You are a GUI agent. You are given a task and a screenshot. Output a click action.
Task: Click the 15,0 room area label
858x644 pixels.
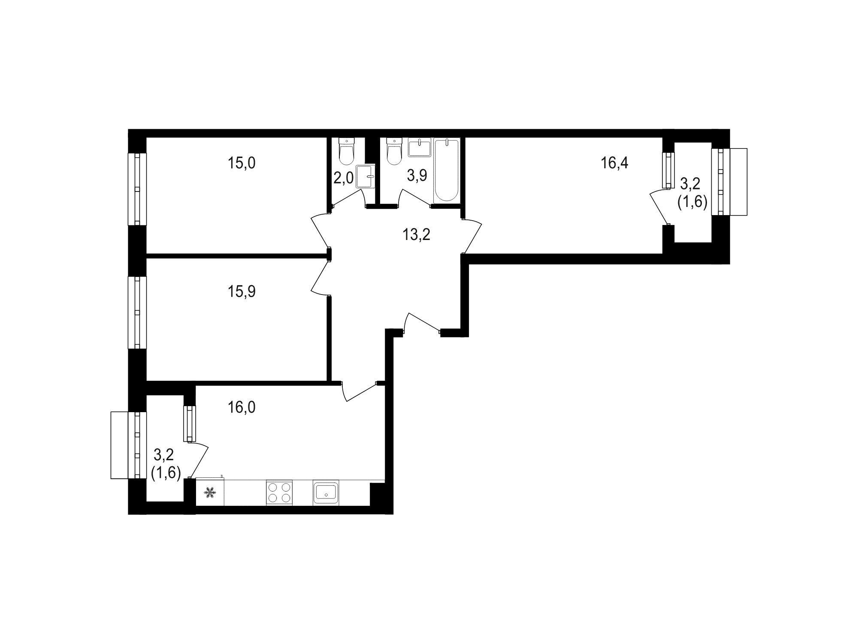point(242,163)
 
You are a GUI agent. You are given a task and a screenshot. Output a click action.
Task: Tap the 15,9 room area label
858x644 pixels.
point(242,292)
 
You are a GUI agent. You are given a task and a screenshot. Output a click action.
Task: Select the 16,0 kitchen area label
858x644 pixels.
point(242,407)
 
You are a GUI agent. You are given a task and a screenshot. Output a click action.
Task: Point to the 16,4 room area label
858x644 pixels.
point(615,163)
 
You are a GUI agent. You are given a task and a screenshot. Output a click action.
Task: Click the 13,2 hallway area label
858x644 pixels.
point(416,235)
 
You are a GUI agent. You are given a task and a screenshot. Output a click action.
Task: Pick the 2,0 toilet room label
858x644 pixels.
point(344,178)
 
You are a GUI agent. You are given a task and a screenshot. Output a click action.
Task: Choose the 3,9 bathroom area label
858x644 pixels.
point(417,175)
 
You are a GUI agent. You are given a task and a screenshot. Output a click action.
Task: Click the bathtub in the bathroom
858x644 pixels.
point(446,170)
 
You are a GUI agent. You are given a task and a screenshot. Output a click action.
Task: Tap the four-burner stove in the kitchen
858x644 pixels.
point(279,492)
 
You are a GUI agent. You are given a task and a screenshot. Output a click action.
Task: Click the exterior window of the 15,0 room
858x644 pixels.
point(137,189)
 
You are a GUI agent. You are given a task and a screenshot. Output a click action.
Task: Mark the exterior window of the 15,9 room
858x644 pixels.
point(137,312)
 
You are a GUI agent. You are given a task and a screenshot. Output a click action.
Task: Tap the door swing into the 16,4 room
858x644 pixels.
point(471,236)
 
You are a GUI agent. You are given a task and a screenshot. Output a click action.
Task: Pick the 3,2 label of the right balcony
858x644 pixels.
point(690,184)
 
